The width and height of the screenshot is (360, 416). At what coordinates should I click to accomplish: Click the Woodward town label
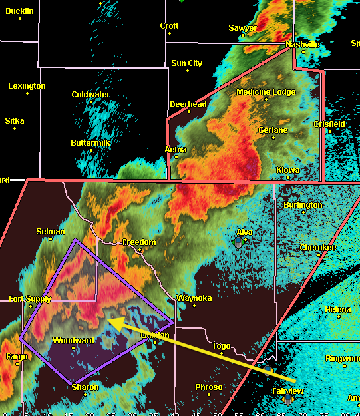click(73, 340)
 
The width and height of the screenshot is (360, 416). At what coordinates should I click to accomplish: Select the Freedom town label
click(139, 242)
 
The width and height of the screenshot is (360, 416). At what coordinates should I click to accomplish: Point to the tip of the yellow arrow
click(108, 321)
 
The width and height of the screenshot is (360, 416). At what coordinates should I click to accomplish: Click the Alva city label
click(245, 232)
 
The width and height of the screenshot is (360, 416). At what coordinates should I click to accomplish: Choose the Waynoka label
click(194, 298)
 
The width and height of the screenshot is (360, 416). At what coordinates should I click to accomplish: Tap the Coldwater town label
click(90, 95)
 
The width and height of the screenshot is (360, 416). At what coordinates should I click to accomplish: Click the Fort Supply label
click(30, 299)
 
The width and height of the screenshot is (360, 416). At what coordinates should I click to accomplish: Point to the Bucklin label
click(19, 11)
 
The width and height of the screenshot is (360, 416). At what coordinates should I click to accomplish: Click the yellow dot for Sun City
click(187, 71)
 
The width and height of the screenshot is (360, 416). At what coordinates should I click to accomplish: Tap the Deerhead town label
click(188, 104)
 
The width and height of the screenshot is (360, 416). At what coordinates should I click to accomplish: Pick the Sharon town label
click(85, 387)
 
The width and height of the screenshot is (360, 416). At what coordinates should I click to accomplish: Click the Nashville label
click(303, 45)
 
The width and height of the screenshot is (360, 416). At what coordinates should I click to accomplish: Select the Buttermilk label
click(90, 143)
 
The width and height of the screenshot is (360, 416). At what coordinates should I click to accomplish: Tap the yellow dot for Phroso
click(208, 395)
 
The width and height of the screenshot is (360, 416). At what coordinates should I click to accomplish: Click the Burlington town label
click(303, 205)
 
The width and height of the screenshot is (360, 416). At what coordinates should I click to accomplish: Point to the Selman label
click(51, 232)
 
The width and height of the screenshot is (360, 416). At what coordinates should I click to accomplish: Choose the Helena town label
click(338, 310)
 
